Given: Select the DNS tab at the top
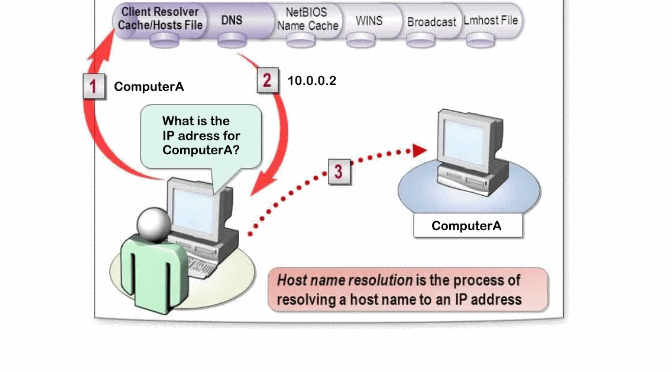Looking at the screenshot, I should [x=232, y=19].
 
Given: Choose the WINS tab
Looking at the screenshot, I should [x=369, y=19].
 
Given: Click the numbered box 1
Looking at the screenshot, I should [x=93, y=86].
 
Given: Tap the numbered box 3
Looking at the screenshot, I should [x=339, y=171].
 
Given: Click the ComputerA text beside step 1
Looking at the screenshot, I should [x=149, y=87].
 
